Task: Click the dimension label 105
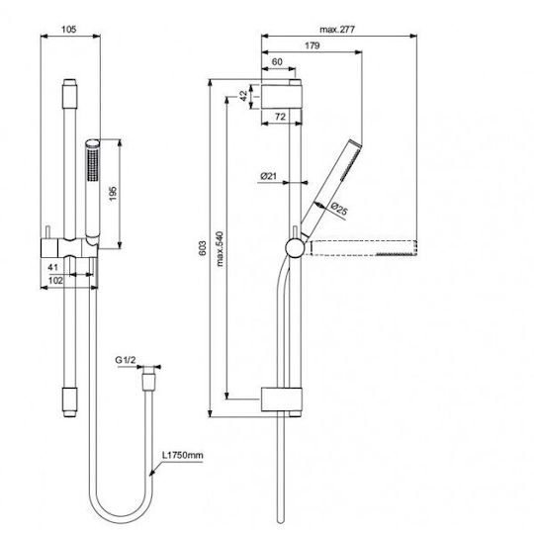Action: click(69, 30)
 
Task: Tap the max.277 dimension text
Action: click(337, 30)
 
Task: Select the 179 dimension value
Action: click(311, 45)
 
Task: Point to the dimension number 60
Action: click(277, 62)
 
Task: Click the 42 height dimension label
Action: click(244, 96)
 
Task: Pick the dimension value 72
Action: click(280, 117)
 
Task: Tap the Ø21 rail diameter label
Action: click(268, 176)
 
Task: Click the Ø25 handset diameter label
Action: click(339, 209)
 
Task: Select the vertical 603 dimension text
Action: click(203, 248)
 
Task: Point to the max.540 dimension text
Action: click(220, 248)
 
